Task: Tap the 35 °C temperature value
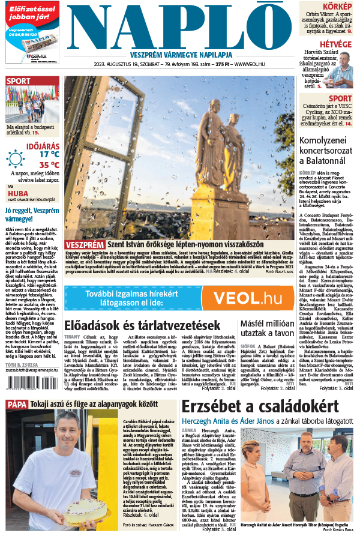pyautogui.click(x=49, y=164)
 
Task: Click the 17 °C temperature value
pyautogui.click(x=49, y=154)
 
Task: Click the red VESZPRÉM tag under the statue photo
pyautogui.click(x=85, y=245)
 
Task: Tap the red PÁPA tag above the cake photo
pyautogui.click(x=17, y=404)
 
